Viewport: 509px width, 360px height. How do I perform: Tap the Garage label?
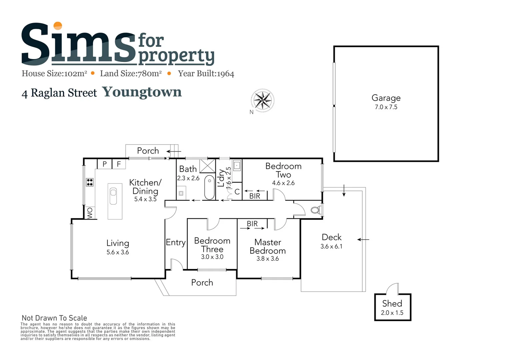pyautogui.click(x=386, y=98)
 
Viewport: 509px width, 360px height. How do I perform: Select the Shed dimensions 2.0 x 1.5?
pyautogui.click(x=392, y=313)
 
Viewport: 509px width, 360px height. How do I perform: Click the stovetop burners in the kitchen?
pyautogui.click(x=90, y=182)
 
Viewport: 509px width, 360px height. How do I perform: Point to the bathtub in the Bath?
pyautogui.click(x=209, y=187)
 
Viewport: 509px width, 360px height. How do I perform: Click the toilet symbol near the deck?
pyautogui.click(x=315, y=210)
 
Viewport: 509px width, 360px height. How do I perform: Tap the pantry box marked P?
pyautogui.click(x=105, y=164)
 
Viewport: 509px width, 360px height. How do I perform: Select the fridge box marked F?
pyautogui.click(x=119, y=164)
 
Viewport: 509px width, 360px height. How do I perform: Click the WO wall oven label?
pyautogui.click(x=90, y=213)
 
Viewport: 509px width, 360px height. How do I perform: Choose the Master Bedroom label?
pyautogui.click(x=268, y=246)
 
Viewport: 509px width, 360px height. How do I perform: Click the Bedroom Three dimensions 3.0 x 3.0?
pyautogui.click(x=212, y=257)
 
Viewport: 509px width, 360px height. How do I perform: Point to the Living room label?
pyautogui.click(x=118, y=243)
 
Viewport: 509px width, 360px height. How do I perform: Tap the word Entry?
pyautogui.click(x=176, y=242)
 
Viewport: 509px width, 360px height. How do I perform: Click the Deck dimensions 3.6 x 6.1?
pyautogui.click(x=331, y=246)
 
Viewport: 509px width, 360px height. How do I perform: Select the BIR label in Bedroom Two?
pyautogui.click(x=255, y=196)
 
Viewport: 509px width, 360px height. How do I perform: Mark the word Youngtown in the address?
pyautogui.click(x=142, y=92)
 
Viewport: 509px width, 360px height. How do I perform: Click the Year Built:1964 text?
pyautogui.click(x=206, y=74)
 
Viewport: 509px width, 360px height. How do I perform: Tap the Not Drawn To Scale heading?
pyautogui.click(x=54, y=318)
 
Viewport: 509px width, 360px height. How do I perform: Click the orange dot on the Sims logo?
pyautogui.click(x=58, y=26)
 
